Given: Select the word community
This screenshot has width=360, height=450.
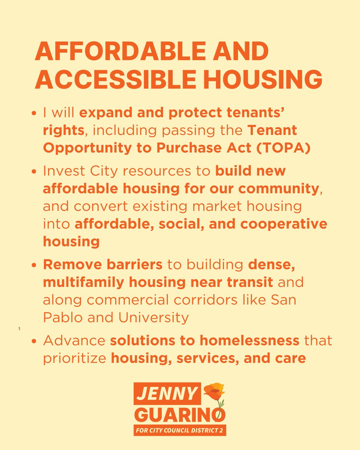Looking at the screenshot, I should click(x=278, y=188).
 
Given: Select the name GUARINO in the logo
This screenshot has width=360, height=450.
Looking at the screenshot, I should click(x=180, y=414).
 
